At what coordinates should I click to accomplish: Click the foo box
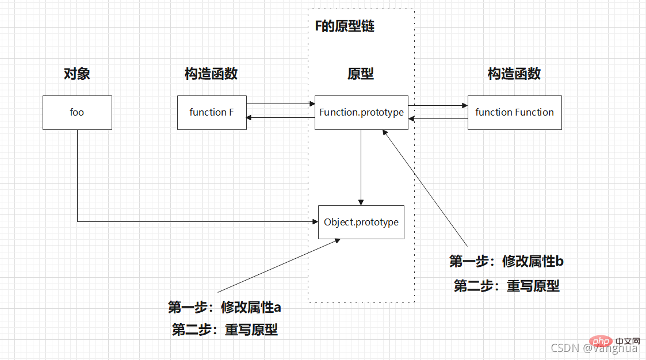pyautogui.click(x=77, y=113)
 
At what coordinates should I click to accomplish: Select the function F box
pyautogui.click(x=212, y=113)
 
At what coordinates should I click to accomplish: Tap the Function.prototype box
pyautogui.click(x=361, y=113)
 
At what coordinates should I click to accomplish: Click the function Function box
pyautogui.click(x=514, y=113)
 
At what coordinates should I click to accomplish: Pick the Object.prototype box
pyautogui.click(x=361, y=222)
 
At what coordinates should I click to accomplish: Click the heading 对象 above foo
pyautogui.click(x=77, y=74)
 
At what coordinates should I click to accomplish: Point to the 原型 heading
pyautogui.click(x=361, y=74)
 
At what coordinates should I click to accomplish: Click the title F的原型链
pyautogui.click(x=345, y=26)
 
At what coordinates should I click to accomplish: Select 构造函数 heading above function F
pyautogui.click(x=211, y=74)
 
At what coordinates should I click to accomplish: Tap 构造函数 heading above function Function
pyautogui.click(x=514, y=74)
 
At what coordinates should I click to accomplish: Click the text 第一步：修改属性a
pyautogui.click(x=224, y=307)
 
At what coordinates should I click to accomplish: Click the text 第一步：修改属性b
pyautogui.click(x=506, y=262)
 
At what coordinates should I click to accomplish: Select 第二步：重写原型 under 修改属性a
pyautogui.click(x=224, y=330)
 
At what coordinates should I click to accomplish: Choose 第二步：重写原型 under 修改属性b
pyautogui.click(x=506, y=286)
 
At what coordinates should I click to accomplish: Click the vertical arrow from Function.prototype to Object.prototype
pyautogui.click(x=361, y=167)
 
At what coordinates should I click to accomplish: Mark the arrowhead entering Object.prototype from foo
pyautogui.click(x=314, y=221)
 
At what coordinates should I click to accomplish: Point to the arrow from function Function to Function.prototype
pyautogui.click(x=438, y=119)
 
